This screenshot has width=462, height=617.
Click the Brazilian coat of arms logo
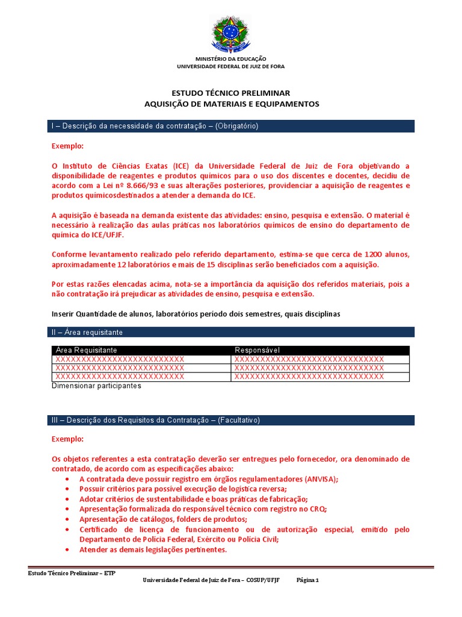[231, 34]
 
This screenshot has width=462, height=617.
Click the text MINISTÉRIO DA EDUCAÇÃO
[231, 59]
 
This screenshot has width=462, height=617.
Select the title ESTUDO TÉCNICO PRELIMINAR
[231, 93]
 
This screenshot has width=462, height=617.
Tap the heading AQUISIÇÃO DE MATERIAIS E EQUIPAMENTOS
[231, 104]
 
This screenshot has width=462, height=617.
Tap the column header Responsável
[257, 350]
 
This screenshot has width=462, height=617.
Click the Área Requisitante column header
[86, 350]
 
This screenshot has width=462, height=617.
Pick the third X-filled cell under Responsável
[309, 377]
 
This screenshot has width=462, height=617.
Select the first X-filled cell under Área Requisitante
[120, 359]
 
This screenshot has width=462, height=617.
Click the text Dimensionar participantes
[96, 386]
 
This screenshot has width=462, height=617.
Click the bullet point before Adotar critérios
[66, 500]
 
